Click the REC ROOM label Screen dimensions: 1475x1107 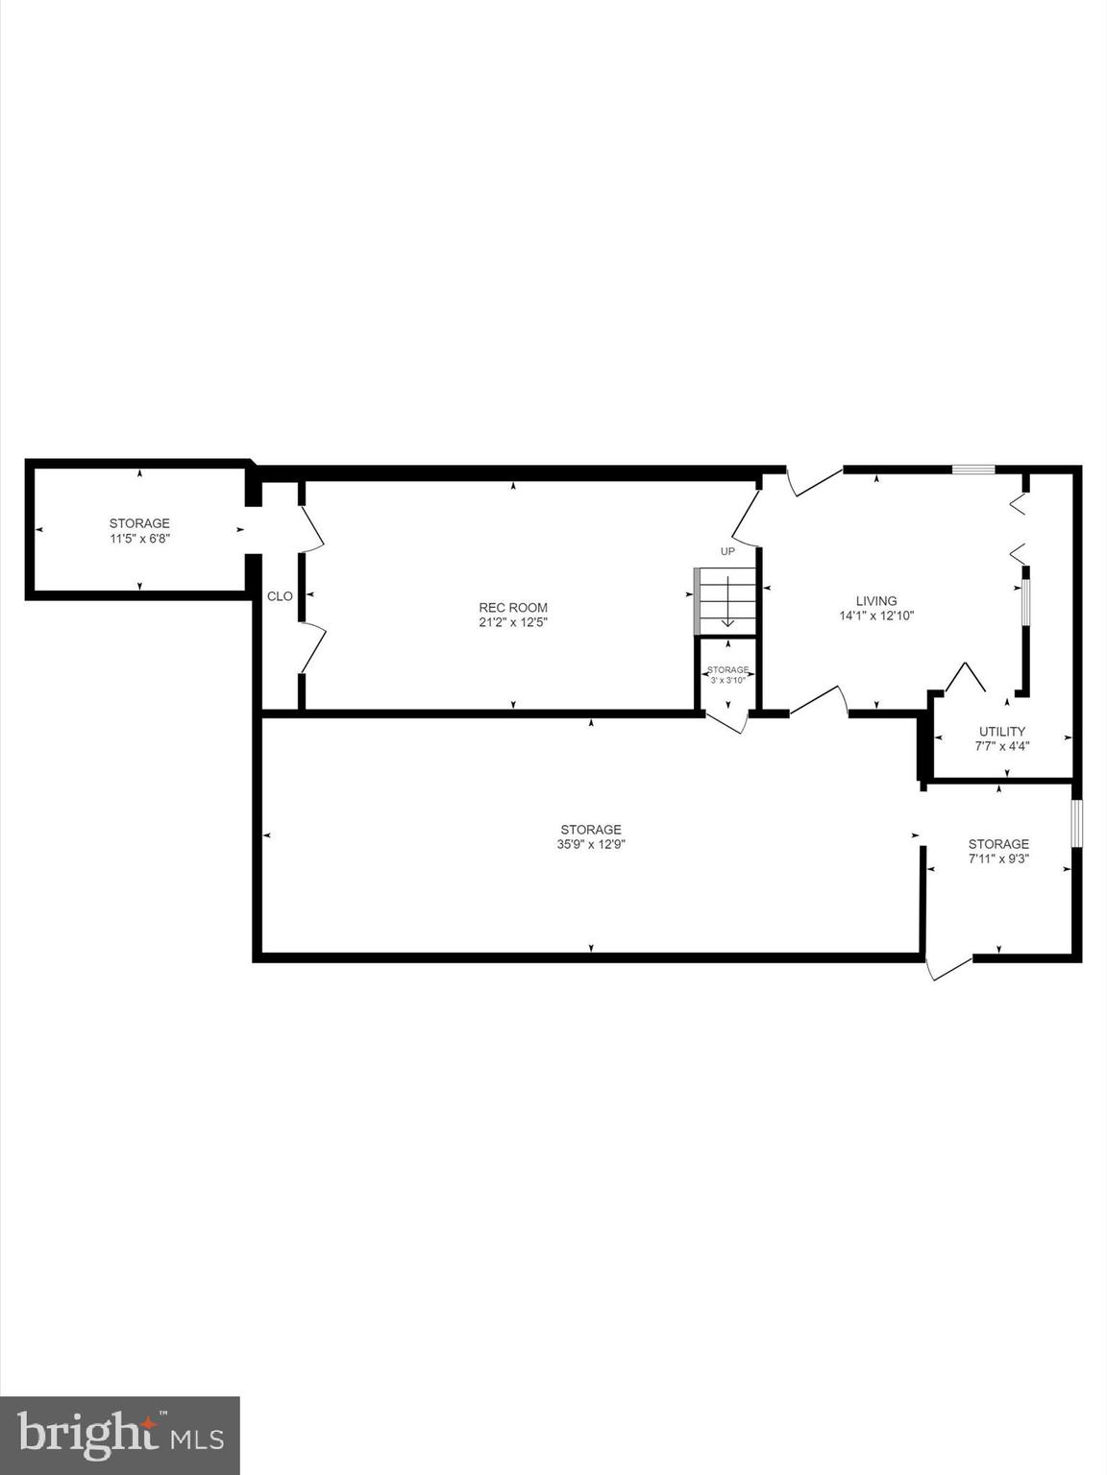point(513,607)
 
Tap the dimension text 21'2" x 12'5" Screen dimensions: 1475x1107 point(513,622)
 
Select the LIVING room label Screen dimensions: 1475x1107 point(875,601)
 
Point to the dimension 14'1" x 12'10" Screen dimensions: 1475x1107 point(875,617)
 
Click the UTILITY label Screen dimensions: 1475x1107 point(1001,731)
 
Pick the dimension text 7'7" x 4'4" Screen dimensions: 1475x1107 point(1001,746)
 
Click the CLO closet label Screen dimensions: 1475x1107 point(280,596)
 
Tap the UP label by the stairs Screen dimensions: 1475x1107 point(727,551)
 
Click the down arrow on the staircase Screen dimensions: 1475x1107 point(727,603)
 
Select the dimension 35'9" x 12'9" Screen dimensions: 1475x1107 point(591,845)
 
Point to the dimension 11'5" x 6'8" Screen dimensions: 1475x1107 point(139,539)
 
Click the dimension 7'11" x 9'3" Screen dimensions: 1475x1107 point(998,859)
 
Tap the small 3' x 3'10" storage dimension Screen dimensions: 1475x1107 point(727,680)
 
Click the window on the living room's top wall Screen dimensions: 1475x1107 point(972,470)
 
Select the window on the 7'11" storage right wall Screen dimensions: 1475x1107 point(1077,823)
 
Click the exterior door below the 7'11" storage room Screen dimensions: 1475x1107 point(948,967)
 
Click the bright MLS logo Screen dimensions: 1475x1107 point(119,1435)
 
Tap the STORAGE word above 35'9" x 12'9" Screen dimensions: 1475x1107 point(591,830)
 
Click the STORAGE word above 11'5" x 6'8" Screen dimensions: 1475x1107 point(139,523)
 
